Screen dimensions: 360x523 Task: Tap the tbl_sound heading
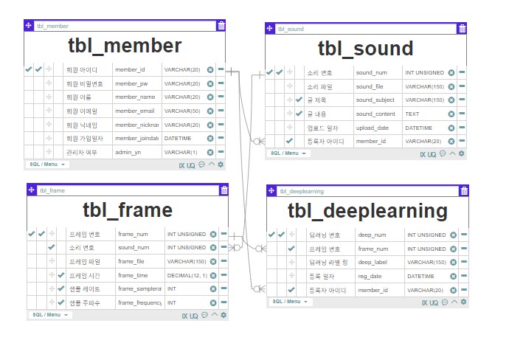point(365,49)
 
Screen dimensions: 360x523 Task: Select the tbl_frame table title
point(127,210)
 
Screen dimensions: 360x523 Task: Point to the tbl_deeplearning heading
point(367,211)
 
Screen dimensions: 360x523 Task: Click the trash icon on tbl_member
point(221,26)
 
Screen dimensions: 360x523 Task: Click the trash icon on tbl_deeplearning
point(463,191)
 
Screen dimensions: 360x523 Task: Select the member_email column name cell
point(135,111)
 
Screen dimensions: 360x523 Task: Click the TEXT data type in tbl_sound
point(412,114)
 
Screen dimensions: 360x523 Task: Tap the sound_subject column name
point(375,100)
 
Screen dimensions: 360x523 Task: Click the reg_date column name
point(371,276)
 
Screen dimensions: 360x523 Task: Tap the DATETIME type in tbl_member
point(178,138)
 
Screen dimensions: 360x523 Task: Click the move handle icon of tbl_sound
point(270,29)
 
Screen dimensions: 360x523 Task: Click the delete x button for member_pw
point(210,83)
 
